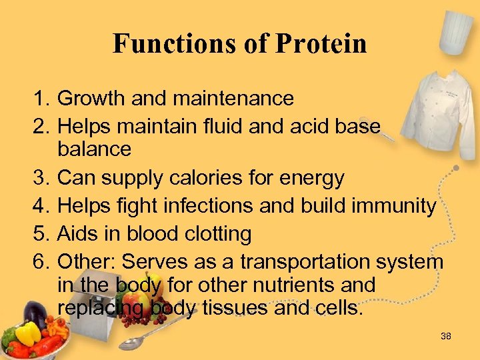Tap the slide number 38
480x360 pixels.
pyautogui.click(x=446, y=336)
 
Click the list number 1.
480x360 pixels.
pyautogui.click(x=39, y=99)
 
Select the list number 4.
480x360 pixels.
pyautogui.click(x=39, y=206)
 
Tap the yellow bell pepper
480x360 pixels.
pyautogui.click(x=27, y=333)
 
